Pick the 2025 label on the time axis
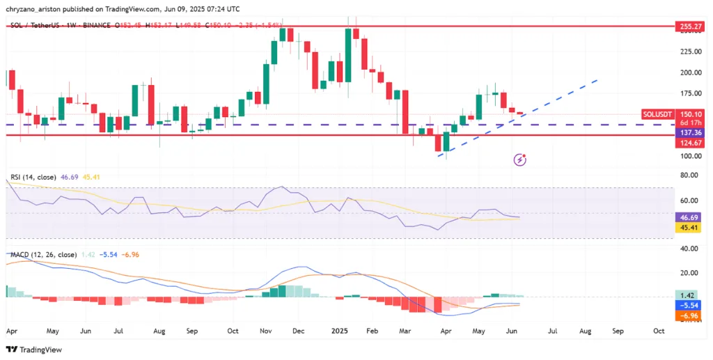tap(340, 332)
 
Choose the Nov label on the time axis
tap(265, 332)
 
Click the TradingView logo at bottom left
tap(33, 350)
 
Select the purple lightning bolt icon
tap(520, 159)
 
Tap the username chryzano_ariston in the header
tap(37, 8)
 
